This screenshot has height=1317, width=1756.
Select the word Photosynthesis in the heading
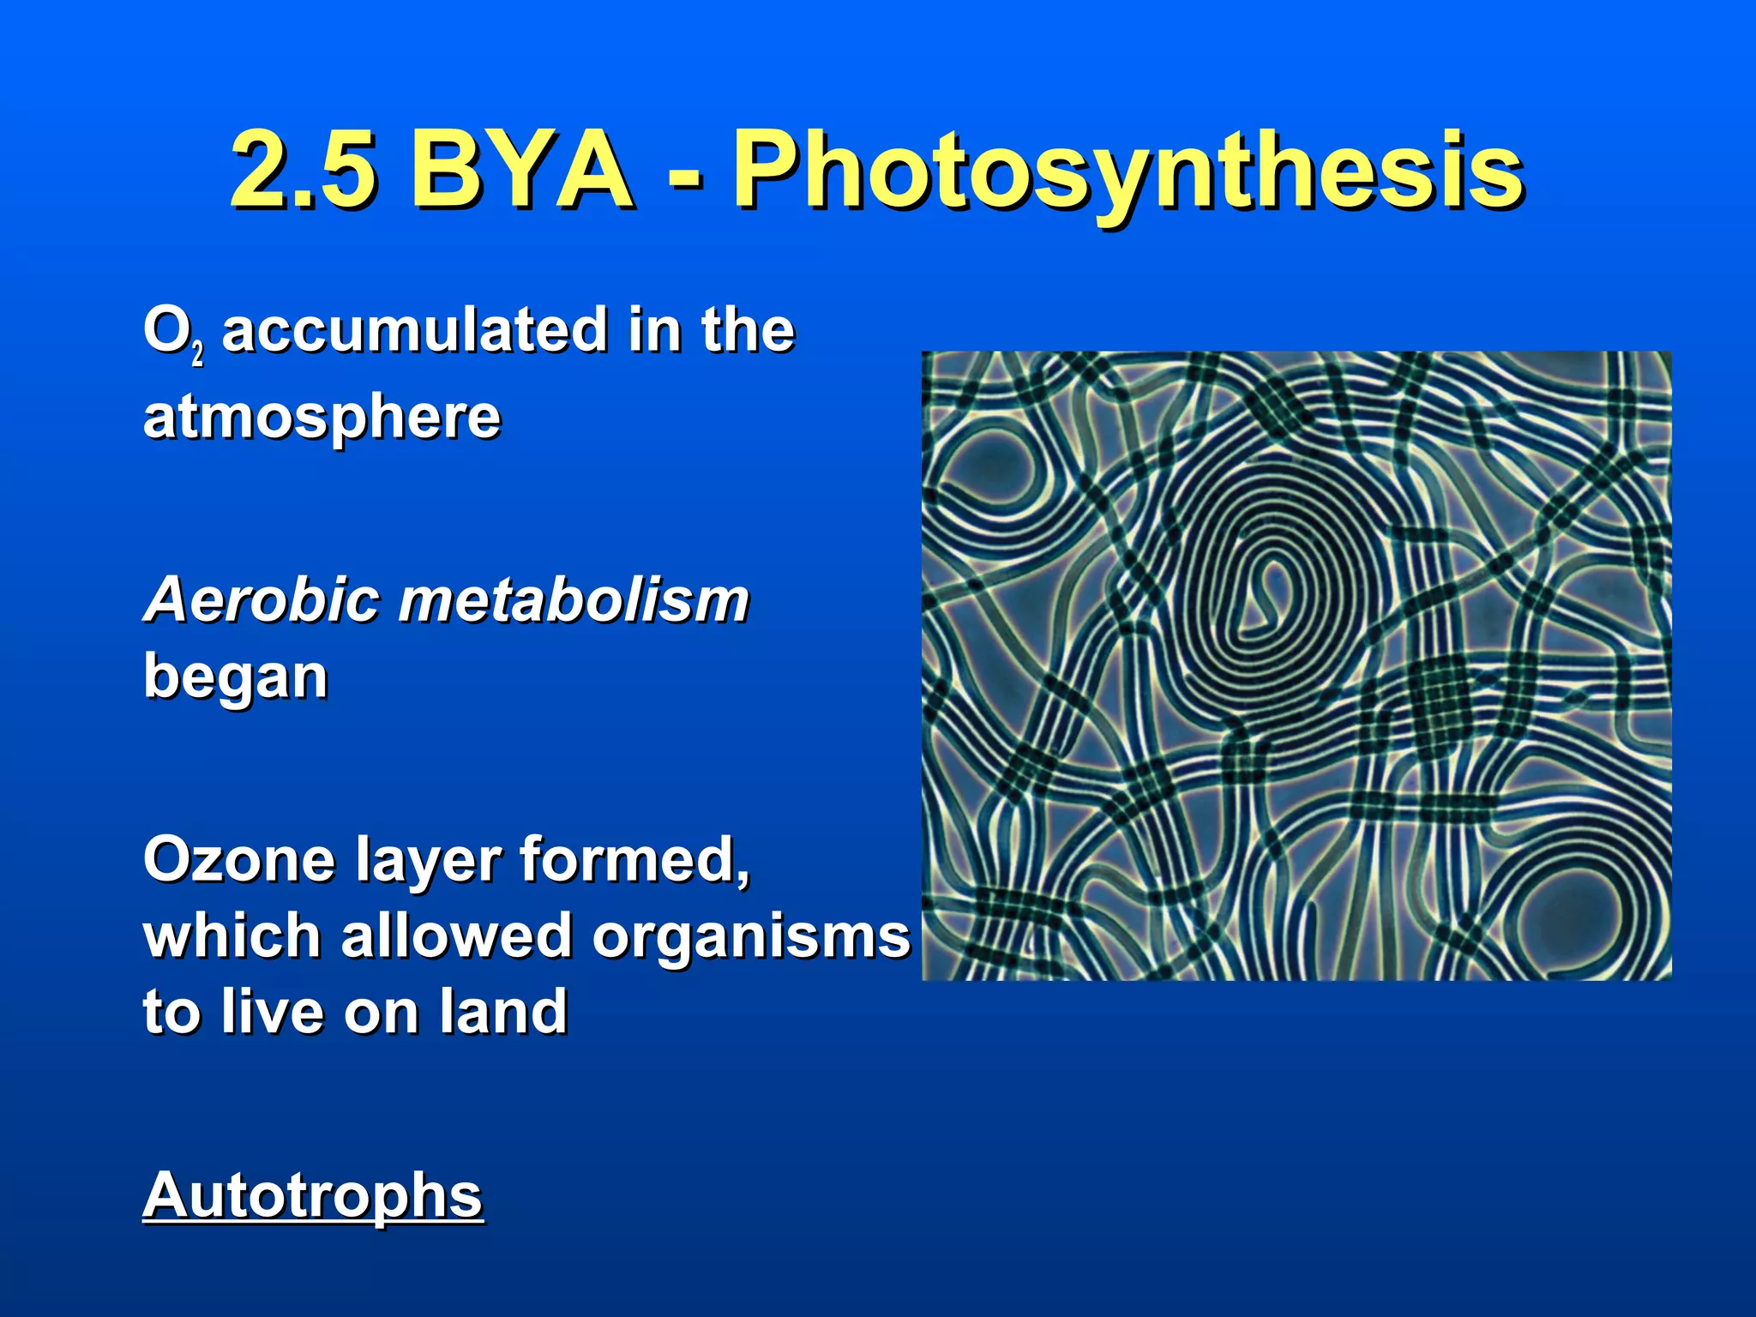pos(1127,171)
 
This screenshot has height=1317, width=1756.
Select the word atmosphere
pos(322,418)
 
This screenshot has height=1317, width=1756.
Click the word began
pos(236,677)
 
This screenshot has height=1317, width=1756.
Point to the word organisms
pos(751,937)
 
